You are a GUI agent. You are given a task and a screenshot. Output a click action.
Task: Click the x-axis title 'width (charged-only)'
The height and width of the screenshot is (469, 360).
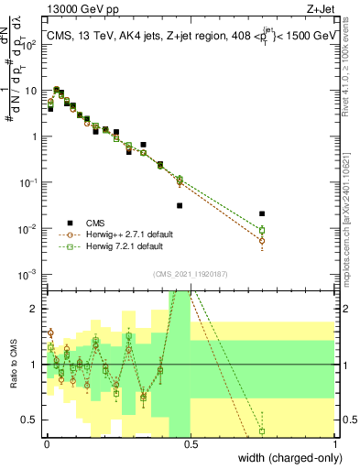[284, 459]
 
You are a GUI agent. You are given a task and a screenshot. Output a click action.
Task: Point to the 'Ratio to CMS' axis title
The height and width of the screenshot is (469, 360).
[16, 365]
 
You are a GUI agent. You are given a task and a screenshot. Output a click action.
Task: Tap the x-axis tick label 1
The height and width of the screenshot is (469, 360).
[335, 443]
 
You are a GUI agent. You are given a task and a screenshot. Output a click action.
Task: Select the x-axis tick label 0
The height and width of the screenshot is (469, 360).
[45, 443]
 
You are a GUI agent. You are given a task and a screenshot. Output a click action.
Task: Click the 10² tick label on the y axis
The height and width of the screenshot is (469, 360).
[33, 44]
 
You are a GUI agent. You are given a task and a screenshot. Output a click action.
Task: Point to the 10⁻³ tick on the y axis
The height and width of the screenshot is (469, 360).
[32, 274]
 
